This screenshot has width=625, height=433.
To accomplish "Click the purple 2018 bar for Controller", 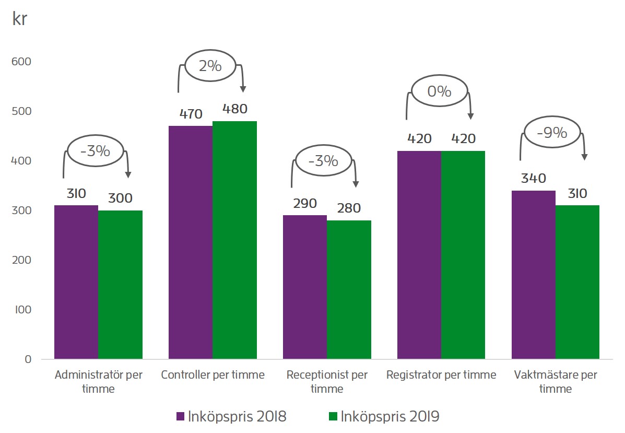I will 190,242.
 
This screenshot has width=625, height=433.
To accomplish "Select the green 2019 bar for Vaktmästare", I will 577,282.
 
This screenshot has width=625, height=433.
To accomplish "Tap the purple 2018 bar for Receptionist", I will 305,287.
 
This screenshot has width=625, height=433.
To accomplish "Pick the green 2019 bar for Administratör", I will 120,285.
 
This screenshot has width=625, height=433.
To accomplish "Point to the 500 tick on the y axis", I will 21,111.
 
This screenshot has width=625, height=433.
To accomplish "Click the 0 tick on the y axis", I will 28,359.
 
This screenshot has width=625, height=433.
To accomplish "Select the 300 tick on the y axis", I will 21,210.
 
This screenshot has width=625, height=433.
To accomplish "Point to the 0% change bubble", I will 439,92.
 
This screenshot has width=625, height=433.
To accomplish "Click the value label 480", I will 234,109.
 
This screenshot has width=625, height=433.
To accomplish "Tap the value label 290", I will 304,203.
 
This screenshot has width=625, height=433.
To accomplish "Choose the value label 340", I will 533,179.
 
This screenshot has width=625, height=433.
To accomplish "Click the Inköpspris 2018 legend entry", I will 231,416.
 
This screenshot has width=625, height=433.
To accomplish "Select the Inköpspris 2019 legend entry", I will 384,416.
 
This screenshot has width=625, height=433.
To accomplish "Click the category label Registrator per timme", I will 441,375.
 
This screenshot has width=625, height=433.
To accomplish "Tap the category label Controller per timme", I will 213,375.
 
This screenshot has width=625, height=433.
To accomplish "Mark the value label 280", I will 349,208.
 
